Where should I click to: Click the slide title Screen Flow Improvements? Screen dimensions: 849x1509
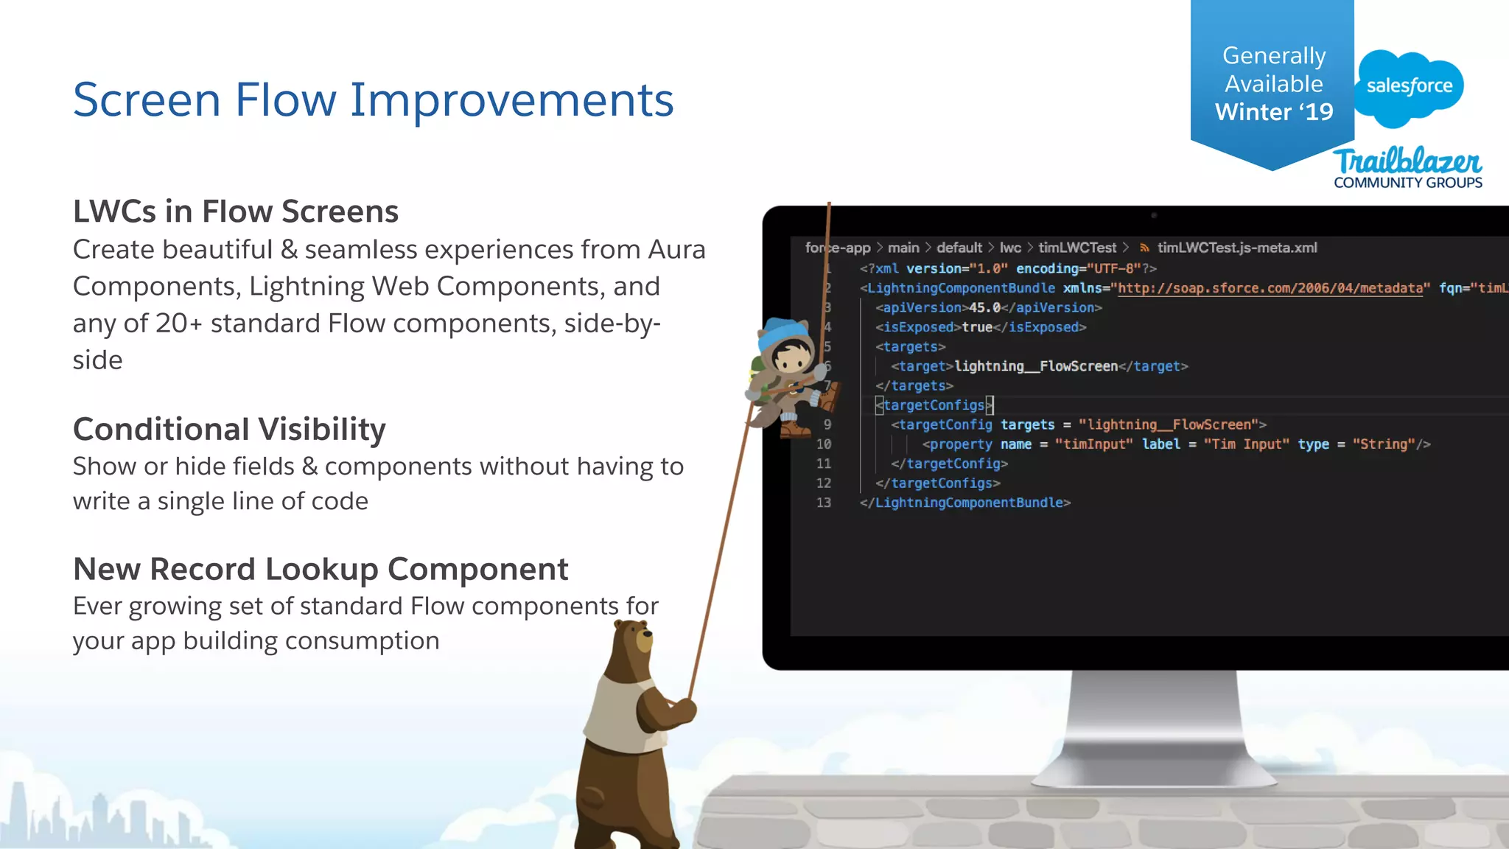tap(373, 99)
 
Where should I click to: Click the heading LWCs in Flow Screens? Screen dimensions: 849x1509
tap(235, 212)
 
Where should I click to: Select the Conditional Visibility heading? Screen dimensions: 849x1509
tap(229, 429)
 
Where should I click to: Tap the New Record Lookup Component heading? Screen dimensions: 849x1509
tap(321, 569)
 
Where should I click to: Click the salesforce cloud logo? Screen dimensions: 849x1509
tap(1409, 87)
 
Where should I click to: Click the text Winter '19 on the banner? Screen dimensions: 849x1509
tap(1273, 112)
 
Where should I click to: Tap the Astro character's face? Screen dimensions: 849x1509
tap(792, 359)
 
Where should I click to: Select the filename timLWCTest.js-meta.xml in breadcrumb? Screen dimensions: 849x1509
tap(1236, 248)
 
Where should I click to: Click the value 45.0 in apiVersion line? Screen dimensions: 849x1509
tap(984, 307)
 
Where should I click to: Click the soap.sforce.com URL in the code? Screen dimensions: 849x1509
tap(1270, 288)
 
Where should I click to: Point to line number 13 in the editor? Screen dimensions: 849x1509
tap(824, 503)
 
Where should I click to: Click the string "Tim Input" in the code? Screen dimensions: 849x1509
tap(1246, 444)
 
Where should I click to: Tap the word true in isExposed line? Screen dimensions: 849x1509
tap(976, 327)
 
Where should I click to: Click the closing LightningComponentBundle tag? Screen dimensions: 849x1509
tap(965, 503)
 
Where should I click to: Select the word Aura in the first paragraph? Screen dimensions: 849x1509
tap(676, 250)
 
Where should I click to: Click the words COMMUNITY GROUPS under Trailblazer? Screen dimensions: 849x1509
tap(1407, 183)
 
